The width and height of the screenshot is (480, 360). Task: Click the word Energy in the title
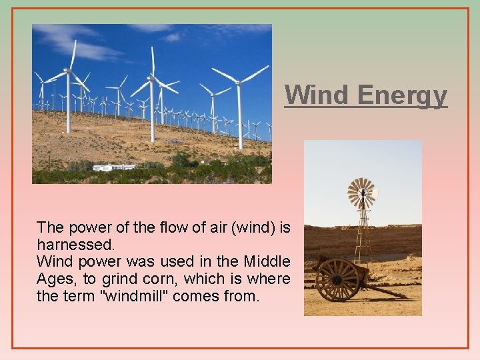(402, 95)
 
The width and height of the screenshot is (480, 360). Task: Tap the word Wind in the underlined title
(316, 95)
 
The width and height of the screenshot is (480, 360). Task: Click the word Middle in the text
(267, 261)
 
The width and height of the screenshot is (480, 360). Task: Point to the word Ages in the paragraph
(55, 278)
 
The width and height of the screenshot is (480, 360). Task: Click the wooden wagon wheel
(337, 279)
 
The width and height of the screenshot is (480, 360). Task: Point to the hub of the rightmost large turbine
(239, 83)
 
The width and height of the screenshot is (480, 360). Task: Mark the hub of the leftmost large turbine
(68, 70)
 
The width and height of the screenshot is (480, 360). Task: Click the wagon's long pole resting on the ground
(390, 292)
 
